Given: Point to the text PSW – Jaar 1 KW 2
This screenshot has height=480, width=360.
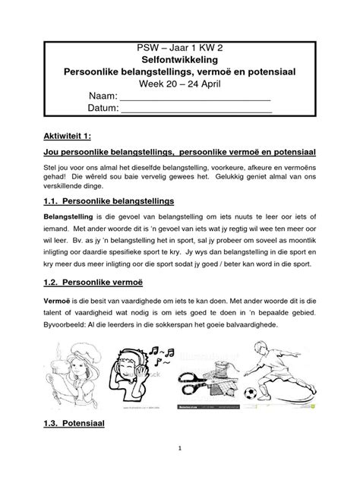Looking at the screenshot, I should point(180,46).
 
